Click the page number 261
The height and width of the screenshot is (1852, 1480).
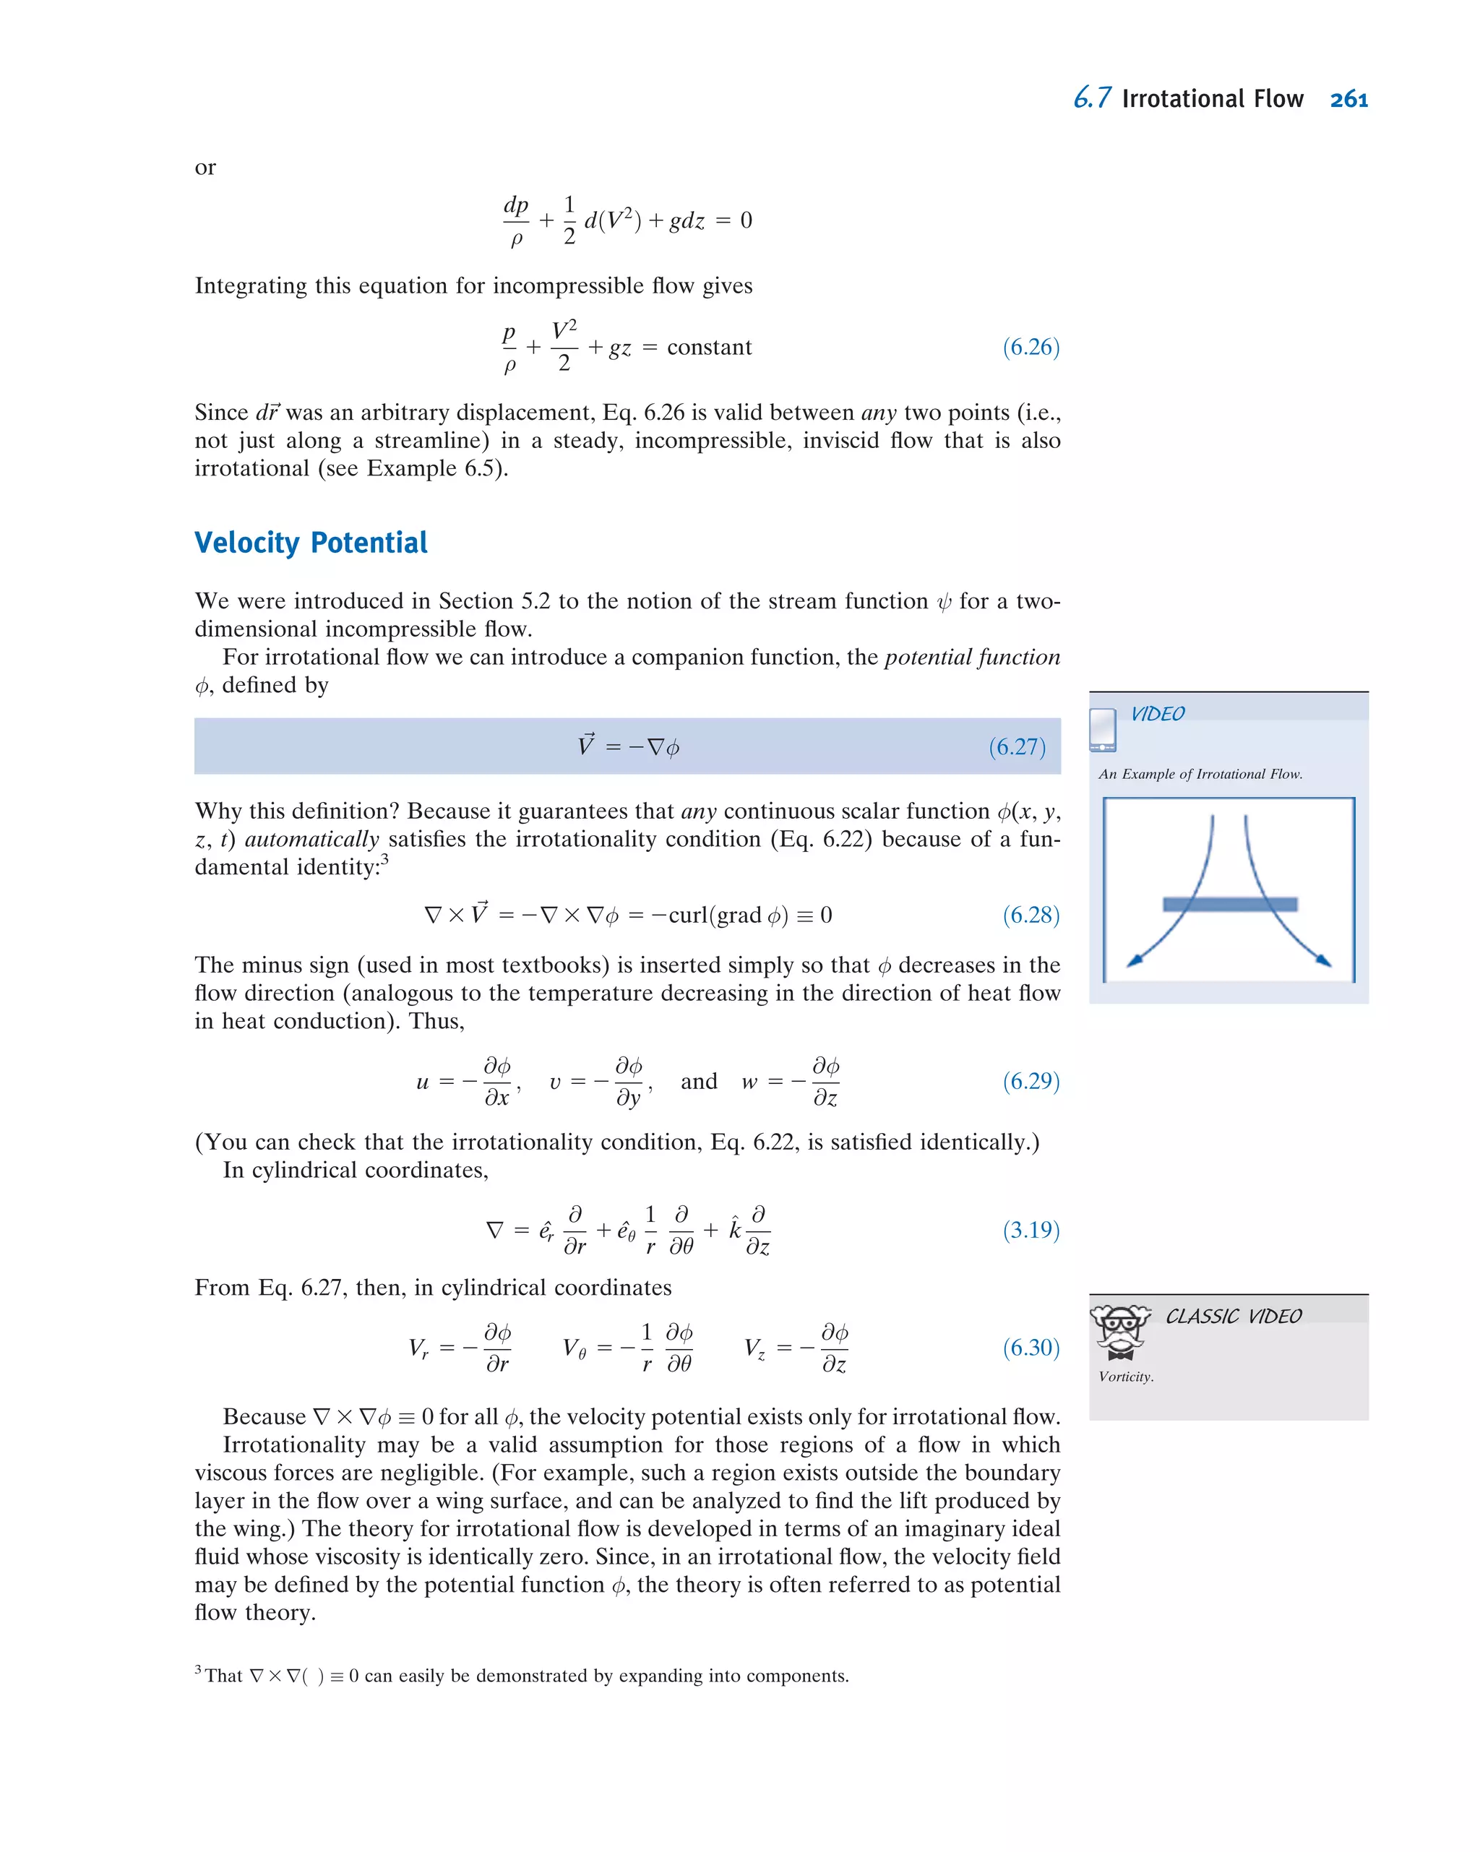click(x=1348, y=100)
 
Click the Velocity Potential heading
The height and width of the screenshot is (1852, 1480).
click(x=310, y=543)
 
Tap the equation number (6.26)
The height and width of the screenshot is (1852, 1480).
click(x=1031, y=347)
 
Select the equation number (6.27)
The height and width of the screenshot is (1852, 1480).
click(x=1016, y=746)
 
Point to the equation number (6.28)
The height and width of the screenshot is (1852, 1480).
click(x=1031, y=915)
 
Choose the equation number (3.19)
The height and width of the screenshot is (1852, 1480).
click(x=1031, y=1230)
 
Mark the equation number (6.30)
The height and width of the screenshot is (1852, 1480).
click(x=1031, y=1347)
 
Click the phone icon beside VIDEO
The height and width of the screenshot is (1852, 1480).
click(x=1102, y=730)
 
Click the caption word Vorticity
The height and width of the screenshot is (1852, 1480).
click(x=1125, y=1377)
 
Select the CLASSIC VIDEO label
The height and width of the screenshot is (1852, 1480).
click(x=1233, y=1317)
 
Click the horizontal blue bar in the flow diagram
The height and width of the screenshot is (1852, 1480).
click(x=1229, y=905)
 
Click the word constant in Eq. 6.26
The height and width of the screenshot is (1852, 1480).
click(x=709, y=347)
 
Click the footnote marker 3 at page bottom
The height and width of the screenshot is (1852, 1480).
click(x=199, y=1670)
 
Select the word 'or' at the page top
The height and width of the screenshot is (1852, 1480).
click(x=205, y=168)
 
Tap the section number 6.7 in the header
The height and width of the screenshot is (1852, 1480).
click(x=1092, y=99)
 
